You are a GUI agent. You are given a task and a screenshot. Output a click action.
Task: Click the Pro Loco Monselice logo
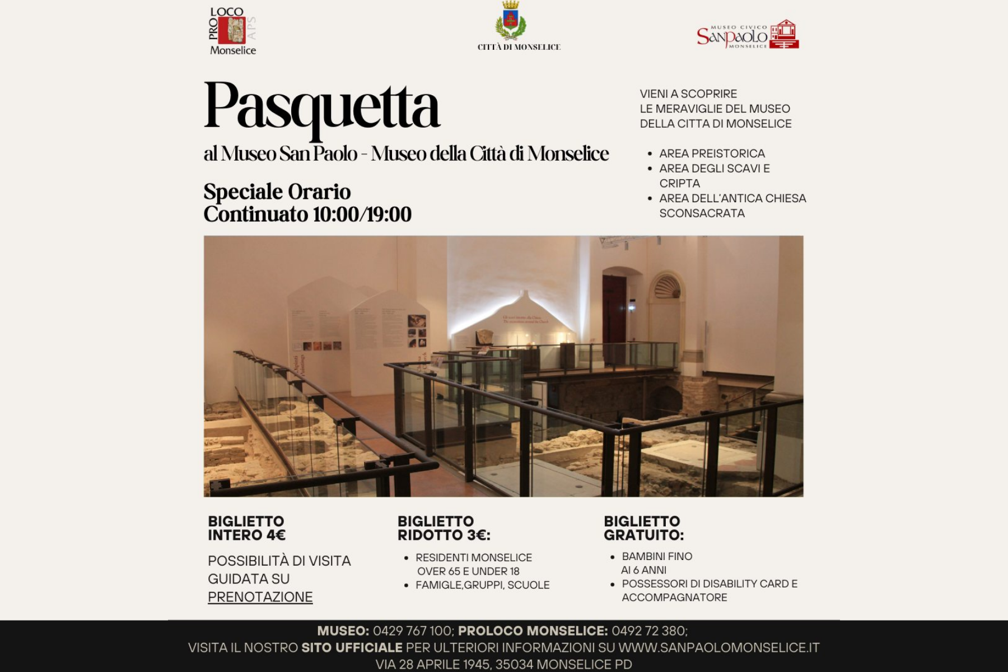(232, 31)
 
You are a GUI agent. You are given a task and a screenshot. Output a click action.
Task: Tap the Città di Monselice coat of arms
(511, 21)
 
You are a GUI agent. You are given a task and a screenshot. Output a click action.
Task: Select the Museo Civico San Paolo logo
(747, 35)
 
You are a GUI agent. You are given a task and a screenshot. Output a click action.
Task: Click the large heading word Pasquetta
(322, 106)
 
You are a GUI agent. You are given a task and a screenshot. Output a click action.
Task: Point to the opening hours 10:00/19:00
(362, 214)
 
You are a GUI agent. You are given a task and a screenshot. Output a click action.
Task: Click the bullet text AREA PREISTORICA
(712, 153)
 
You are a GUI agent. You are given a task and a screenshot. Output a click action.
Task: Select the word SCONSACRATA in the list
(702, 213)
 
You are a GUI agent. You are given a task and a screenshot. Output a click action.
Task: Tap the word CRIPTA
(679, 184)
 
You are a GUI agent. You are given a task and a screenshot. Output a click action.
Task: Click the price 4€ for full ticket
(276, 535)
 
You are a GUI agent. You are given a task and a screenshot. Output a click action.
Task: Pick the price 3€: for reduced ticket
(475, 535)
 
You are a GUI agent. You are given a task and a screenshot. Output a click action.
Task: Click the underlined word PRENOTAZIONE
(260, 597)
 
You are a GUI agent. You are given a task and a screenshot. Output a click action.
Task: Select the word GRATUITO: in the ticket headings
(643, 535)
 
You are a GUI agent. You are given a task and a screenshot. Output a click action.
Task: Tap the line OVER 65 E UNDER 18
(468, 571)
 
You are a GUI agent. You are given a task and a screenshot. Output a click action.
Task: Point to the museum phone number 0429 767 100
(412, 631)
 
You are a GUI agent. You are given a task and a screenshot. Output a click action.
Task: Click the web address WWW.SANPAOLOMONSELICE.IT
(719, 648)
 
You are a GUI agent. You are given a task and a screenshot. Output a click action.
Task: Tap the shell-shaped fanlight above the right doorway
(667, 287)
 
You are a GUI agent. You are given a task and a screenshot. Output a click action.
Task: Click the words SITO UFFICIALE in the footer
(352, 648)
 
